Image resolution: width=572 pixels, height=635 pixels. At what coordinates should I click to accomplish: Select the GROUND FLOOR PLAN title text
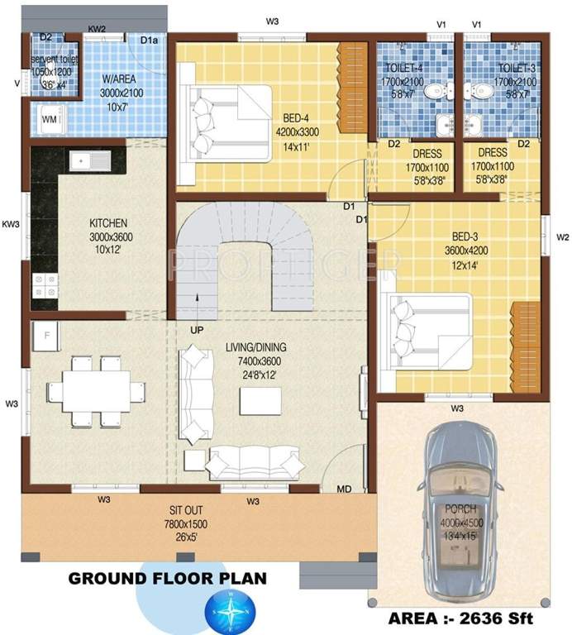tap(167, 578)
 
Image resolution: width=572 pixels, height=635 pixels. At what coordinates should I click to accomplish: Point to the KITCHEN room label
tap(108, 223)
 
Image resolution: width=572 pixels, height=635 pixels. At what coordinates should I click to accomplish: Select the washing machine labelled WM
tap(50, 121)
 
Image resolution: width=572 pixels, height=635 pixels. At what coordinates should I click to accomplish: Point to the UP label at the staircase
tap(197, 329)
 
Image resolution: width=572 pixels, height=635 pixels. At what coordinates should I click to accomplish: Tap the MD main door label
tap(344, 489)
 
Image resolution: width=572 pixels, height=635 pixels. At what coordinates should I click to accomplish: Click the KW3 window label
tap(11, 224)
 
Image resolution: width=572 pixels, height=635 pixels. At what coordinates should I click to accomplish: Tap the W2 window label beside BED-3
tap(562, 237)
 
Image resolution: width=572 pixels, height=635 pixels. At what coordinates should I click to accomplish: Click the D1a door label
tap(150, 40)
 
